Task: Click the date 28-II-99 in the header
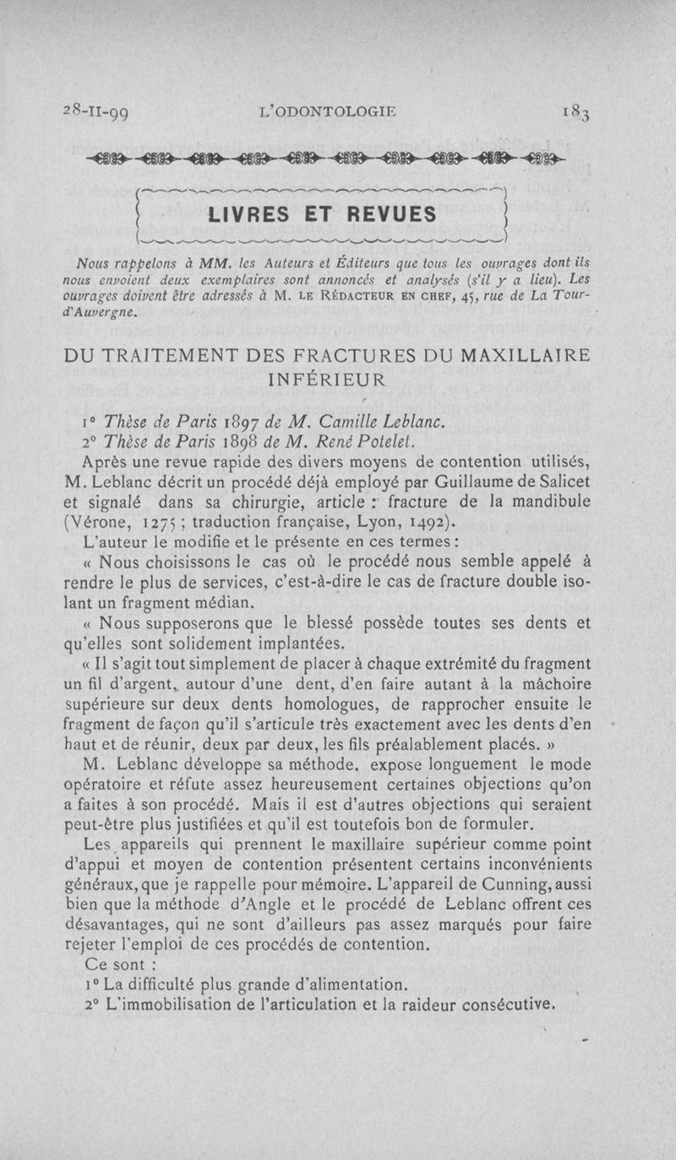click(x=96, y=112)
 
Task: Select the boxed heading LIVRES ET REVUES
click(x=323, y=214)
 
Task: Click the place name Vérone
click(x=101, y=522)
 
